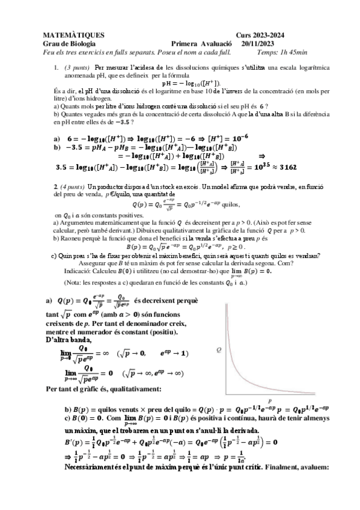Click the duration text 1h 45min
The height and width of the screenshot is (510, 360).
290,52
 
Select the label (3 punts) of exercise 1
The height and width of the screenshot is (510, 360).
78,68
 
